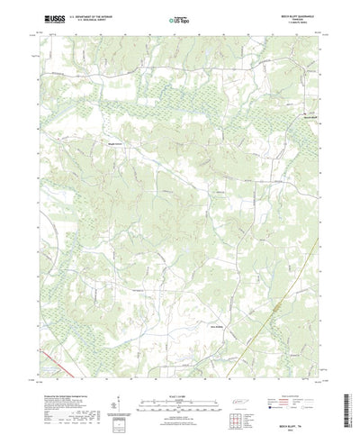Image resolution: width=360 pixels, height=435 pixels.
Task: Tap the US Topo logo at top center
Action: coord(179,18)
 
